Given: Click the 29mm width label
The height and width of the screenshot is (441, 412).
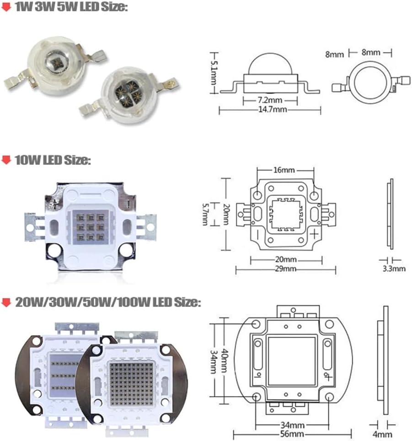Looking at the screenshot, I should pyautogui.click(x=286, y=269).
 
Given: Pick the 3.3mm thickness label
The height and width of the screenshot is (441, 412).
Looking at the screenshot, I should pyautogui.click(x=394, y=268).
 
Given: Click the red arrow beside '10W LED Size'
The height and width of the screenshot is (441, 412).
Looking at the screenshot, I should pyautogui.click(x=6, y=160).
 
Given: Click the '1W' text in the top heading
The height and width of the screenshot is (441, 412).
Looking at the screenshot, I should pyautogui.click(x=21, y=8).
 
